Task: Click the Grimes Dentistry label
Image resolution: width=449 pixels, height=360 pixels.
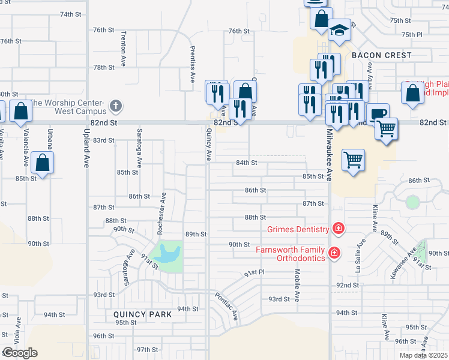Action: [298, 229]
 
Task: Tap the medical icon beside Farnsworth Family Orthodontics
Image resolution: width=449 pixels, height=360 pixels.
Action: [334, 254]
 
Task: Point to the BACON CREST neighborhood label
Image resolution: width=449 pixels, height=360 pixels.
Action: [382, 55]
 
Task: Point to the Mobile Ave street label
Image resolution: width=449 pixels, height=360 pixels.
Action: [297, 284]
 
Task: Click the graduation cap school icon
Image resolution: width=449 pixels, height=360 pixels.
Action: [340, 31]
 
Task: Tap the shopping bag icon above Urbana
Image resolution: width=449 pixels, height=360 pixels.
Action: [43, 162]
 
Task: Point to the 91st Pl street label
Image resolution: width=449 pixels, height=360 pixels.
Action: [254, 273]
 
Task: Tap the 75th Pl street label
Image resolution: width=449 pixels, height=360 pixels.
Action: [412, 35]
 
